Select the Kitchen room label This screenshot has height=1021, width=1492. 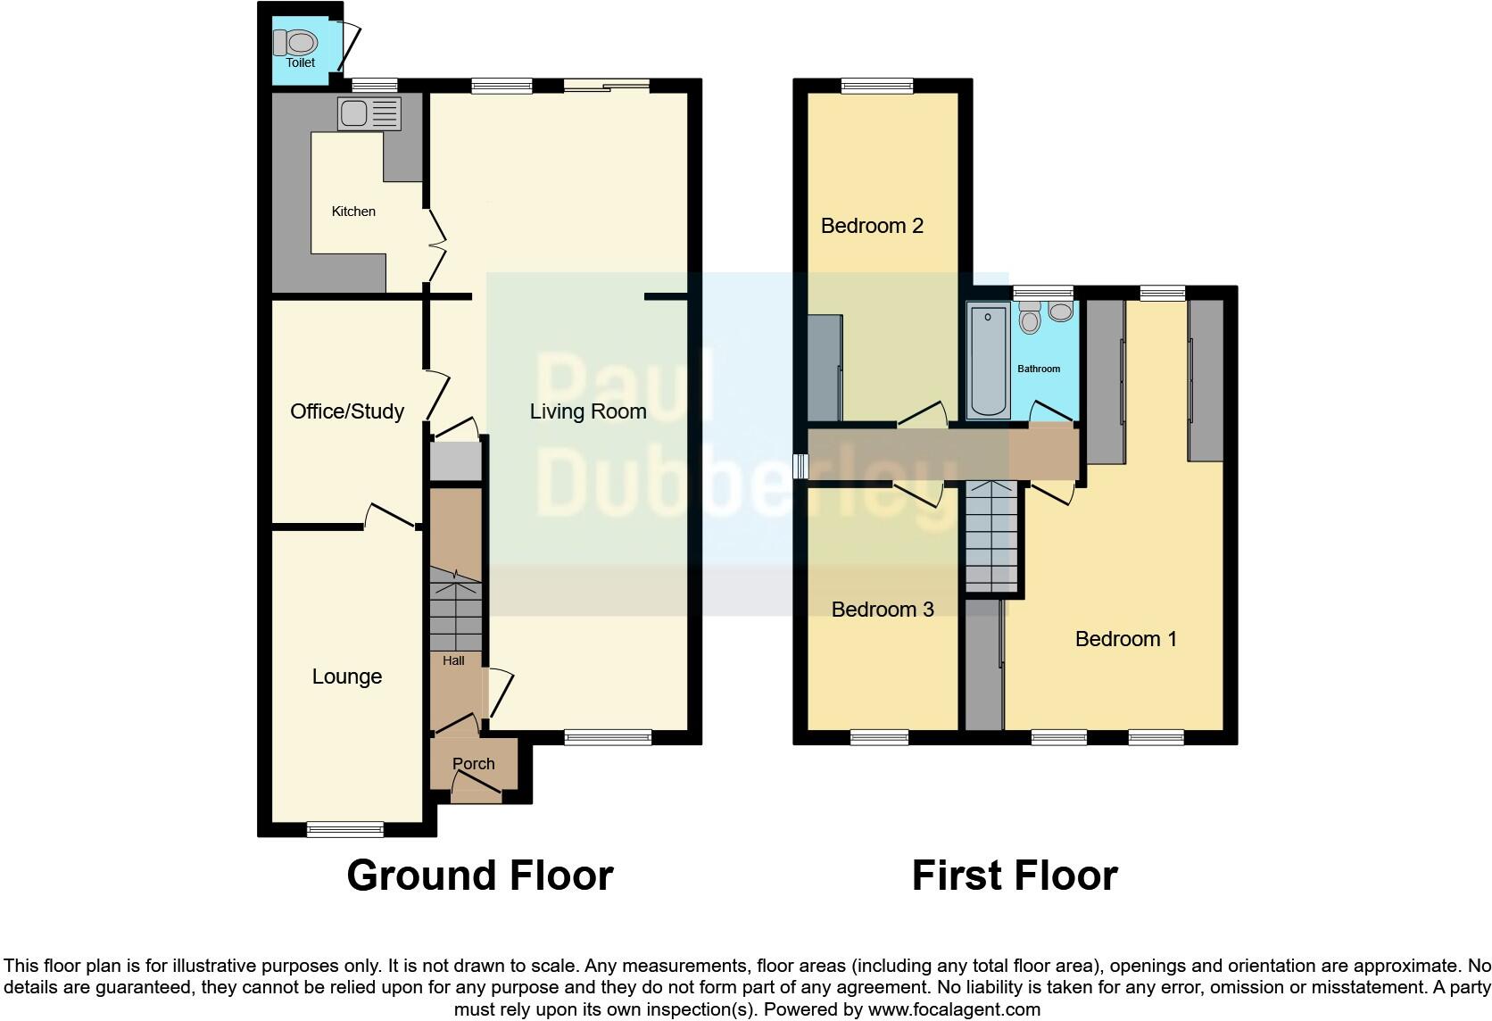pos(353,212)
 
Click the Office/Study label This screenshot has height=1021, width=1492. pos(347,411)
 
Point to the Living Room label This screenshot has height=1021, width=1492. pos(588,411)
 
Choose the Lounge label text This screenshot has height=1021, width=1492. pos(347,677)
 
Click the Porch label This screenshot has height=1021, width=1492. pos(473,764)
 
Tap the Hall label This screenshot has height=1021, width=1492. pos(453,661)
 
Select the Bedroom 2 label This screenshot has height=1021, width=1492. pos(872,226)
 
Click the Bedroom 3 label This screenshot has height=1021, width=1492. pos(883,610)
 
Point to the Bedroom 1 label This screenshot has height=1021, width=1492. pos(1126,639)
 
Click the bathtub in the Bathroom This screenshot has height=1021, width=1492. pos(988,361)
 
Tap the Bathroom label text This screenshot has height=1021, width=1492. pos(1039,369)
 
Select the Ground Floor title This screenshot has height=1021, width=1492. pos(480,876)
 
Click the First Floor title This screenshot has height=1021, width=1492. pos(1015,876)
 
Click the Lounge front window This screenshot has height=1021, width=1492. pos(345,829)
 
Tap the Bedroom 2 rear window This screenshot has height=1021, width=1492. pos(877,86)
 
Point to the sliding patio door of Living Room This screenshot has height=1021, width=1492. pos(606,86)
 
